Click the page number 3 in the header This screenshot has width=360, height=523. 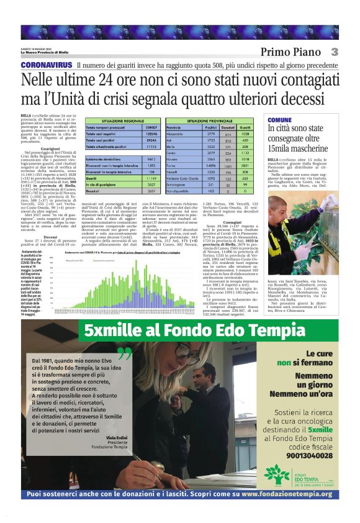click(334, 52)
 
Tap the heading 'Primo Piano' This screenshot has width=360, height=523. click(290, 52)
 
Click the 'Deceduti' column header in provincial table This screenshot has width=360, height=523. click(228, 125)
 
